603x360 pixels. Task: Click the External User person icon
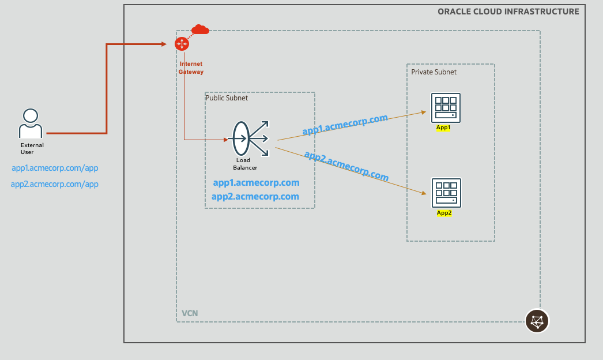pos(31,122)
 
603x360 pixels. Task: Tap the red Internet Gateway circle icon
pos(182,44)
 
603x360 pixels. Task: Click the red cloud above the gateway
pos(200,29)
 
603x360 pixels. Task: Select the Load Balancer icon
pos(250,138)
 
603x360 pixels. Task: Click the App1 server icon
pos(446,108)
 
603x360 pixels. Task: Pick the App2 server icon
pos(446,193)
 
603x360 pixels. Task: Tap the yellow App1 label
pos(443,128)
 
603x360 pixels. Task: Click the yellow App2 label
pos(444,213)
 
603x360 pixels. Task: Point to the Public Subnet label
pos(227,98)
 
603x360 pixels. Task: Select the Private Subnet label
pos(434,72)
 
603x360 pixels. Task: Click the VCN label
pos(190,313)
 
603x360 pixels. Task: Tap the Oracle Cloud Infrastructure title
pos(508,12)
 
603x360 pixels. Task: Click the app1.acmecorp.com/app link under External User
pos(55,168)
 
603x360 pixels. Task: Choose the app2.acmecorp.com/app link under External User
pos(55,185)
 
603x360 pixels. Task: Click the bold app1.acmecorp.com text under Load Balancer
pos(256,183)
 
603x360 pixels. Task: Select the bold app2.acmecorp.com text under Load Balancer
pos(255,197)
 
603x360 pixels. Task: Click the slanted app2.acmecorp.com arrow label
pos(346,166)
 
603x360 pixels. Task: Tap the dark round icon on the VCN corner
pos(537,321)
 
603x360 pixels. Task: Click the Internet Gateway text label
pos(191,68)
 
